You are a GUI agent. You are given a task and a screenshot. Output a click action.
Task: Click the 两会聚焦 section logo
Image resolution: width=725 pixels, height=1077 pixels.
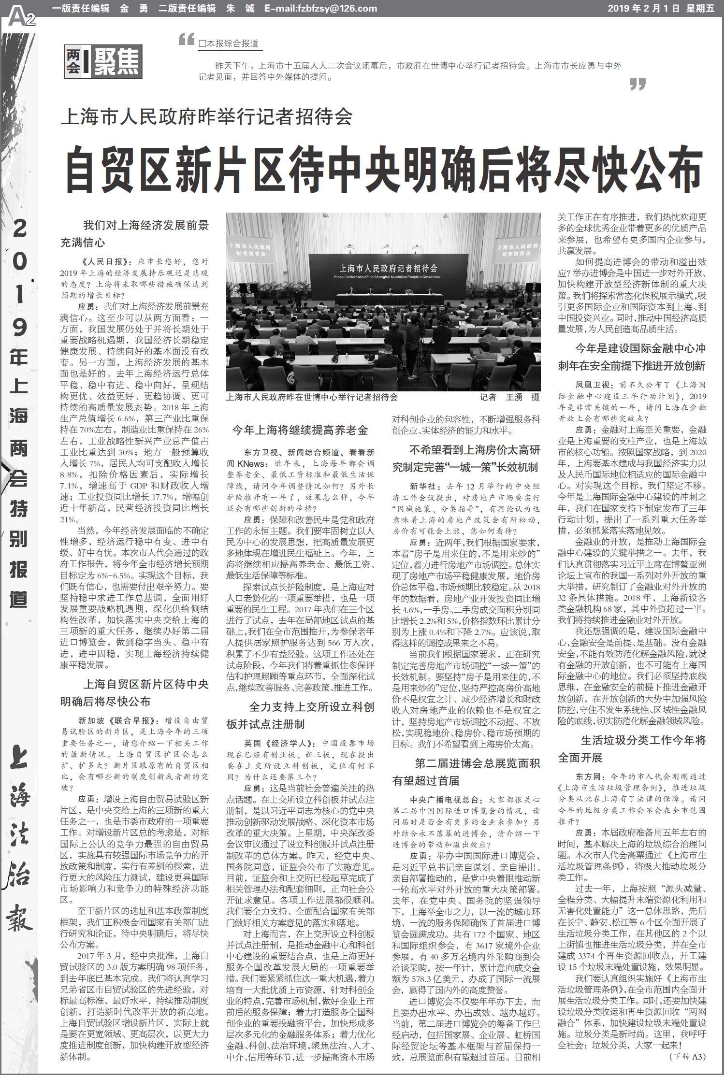click(x=103, y=61)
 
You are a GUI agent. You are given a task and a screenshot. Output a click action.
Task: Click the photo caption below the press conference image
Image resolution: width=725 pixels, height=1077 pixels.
click(x=312, y=397)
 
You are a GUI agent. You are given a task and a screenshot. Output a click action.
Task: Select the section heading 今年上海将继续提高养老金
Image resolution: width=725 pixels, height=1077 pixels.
click(x=300, y=430)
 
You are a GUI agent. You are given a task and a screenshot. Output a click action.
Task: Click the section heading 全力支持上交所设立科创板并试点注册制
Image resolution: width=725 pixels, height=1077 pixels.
click(x=300, y=716)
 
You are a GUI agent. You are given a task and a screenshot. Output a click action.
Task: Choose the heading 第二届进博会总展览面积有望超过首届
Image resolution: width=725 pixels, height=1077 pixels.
click(x=466, y=772)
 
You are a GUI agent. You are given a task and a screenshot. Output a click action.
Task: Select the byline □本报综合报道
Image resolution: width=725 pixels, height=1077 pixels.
click(x=229, y=43)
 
